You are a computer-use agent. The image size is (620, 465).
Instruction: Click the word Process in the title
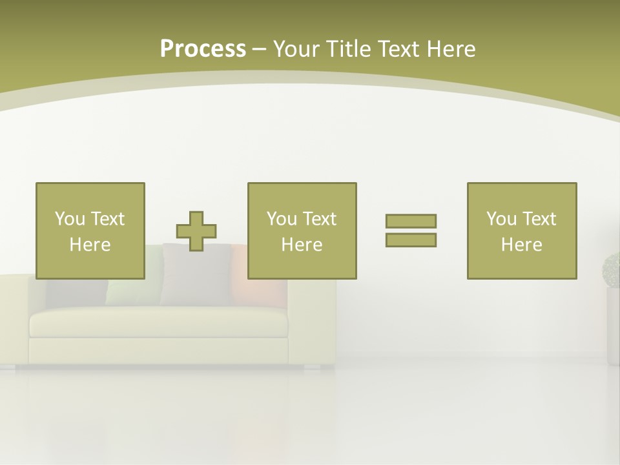pos(203,48)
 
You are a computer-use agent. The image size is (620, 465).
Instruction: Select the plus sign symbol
pos(196,231)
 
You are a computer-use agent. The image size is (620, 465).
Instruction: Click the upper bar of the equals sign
pos(411,221)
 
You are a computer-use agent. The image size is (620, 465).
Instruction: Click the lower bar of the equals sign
pos(411,240)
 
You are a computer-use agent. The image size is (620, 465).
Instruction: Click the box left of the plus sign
pos(90,231)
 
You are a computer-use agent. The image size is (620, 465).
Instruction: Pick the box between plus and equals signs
pos(302,231)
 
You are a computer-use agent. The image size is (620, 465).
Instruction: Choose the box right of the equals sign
pos(521,231)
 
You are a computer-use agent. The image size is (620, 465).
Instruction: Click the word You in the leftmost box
pos(69,218)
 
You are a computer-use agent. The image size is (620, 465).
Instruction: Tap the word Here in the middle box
pos(302,245)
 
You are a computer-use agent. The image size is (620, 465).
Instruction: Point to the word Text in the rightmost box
pos(539,218)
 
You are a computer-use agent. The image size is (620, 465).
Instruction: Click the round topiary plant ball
pos(612,269)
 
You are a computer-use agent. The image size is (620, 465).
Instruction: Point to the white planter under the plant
pos(613,326)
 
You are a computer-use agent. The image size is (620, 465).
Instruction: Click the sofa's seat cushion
pos(158,322)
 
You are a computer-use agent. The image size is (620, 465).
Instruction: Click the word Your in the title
pos(293,48)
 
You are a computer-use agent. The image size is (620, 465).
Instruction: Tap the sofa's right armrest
pos(311,323)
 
